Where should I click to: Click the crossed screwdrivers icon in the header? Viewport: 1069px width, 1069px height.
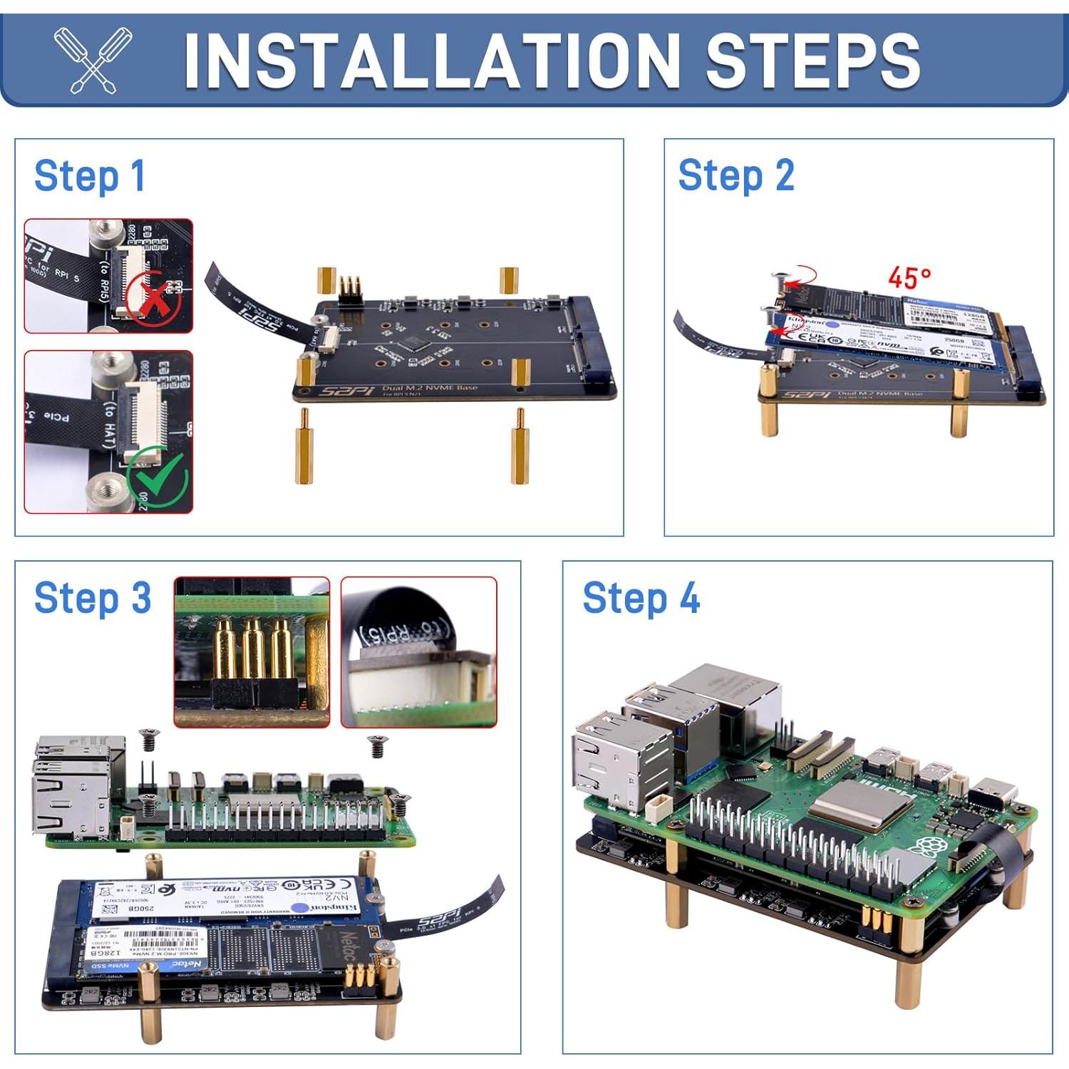click(93, 60)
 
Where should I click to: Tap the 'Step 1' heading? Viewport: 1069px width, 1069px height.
click(90, 176)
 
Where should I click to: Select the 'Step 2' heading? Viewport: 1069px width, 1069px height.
click(736, 175)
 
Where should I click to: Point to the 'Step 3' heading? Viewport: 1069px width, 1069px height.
click(93, 598)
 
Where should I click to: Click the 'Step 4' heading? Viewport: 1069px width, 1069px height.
click(641, 598)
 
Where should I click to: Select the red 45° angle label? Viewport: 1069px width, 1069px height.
click(909, 277)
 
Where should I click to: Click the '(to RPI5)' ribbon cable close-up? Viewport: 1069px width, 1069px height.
click(418, 651)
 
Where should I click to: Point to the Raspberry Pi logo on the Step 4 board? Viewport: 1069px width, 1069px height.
click(926, 849)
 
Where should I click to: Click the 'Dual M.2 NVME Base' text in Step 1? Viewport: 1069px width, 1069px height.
click(429, 388)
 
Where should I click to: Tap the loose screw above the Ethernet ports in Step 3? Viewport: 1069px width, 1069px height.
click(149, 739)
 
